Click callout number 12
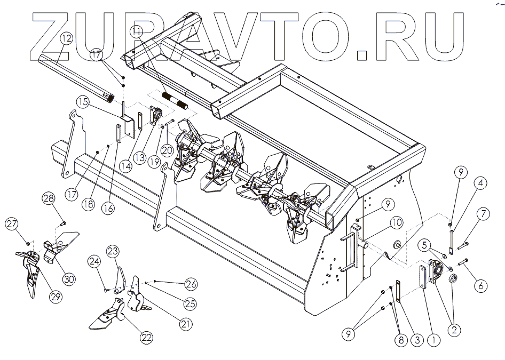point(66,38)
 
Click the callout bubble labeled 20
point(167,151)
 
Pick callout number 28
point(49,198)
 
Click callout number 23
point(113,251)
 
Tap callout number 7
point(483,215)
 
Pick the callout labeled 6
point(481,285)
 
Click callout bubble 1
point(433,338)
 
